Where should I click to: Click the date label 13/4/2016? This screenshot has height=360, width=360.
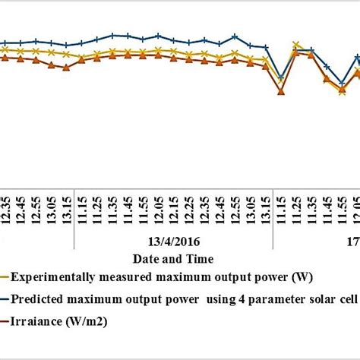point(174,241)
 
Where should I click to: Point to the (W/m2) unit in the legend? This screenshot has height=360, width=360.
point(87,321)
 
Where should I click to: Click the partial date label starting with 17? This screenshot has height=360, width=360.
point(353,241)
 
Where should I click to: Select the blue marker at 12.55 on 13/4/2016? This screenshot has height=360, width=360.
point(235,36)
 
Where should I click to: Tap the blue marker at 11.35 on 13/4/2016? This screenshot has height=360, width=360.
point(112,35)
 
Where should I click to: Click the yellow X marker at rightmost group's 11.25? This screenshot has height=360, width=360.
point(296,46)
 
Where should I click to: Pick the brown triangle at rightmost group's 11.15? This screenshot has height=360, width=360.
point(281,92)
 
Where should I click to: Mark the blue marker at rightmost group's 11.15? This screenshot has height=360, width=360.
point(281,78)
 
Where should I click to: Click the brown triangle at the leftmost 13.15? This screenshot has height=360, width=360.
point(66,68)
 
